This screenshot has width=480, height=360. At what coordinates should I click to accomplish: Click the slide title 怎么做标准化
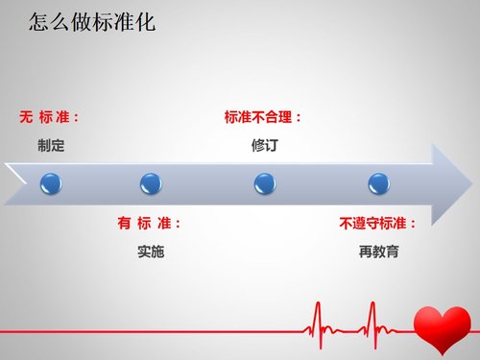tap(91, 21)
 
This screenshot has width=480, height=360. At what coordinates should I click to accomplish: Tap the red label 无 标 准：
tap(51, 117)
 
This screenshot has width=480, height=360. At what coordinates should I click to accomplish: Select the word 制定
tap(51, 147)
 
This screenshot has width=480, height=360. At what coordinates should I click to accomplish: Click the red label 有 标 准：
tap(150, 223)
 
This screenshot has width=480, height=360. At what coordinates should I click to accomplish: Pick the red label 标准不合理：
tap(264, 117)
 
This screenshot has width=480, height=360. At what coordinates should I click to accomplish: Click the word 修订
tap(264, 147)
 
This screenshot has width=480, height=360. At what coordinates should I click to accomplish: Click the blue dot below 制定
tap(50, 182)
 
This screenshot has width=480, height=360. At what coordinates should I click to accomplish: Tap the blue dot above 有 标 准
tap(151, 182)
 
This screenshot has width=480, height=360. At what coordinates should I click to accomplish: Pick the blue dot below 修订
tap(265, 182)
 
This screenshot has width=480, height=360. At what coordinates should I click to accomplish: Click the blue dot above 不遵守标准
tap(379, 182)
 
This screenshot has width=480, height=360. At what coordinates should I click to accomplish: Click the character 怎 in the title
tap(39, 21)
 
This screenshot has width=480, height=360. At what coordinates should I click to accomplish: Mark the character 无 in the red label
tap(26, 117)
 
